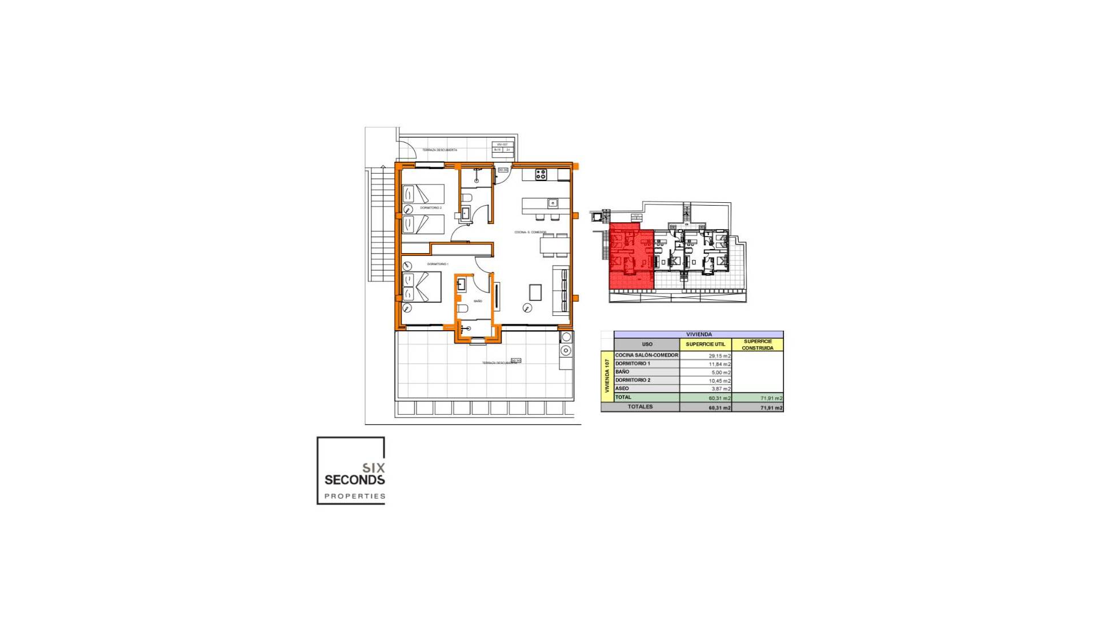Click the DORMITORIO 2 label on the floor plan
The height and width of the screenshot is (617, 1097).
[x=431, y=208]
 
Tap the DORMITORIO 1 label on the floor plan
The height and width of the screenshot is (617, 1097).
[x=438, y=264]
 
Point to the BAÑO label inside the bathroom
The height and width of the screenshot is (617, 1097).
[x=478, y=301]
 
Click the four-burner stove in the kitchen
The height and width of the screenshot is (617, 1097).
[x=541, y=175]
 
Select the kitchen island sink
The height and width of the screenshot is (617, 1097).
[x=552, y=203]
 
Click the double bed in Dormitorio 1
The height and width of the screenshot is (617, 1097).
[x=422, y=287]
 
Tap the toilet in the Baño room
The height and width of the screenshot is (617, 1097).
[x=463, y=309]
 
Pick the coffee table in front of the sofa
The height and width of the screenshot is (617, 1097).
[x=535, y=293]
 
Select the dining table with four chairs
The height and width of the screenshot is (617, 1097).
[x=554, y=245]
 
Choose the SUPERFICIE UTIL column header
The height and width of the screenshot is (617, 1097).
[x=705, y=344]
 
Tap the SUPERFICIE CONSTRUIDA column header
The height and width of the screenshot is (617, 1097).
[x=758, y=344]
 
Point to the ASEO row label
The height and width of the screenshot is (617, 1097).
[x=622, y=388]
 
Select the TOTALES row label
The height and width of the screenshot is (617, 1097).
[x=640, y=407]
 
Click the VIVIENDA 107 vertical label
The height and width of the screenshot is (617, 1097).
[x=607, y=376]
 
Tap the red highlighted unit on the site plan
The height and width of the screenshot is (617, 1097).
[x=631, y=257]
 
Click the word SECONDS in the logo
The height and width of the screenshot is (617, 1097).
[x=354, y=480]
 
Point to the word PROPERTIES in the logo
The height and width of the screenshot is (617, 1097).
[x=355, y=496]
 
